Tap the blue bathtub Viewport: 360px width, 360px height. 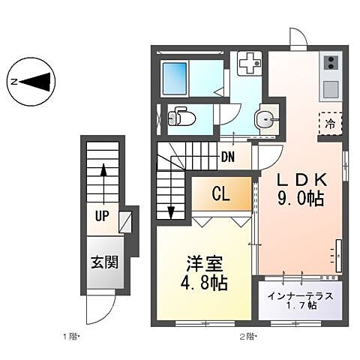(x=175, y=76)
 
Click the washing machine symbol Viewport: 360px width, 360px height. (x=247, y=64)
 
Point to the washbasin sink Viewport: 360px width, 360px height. (x=265, y=119)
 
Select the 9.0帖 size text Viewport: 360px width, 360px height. (x=300, y=199)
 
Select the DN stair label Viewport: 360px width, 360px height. (x=228, y=157)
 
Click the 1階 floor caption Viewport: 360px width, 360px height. (x=71, y=335)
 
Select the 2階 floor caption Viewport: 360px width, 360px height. (x=248, y=335)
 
